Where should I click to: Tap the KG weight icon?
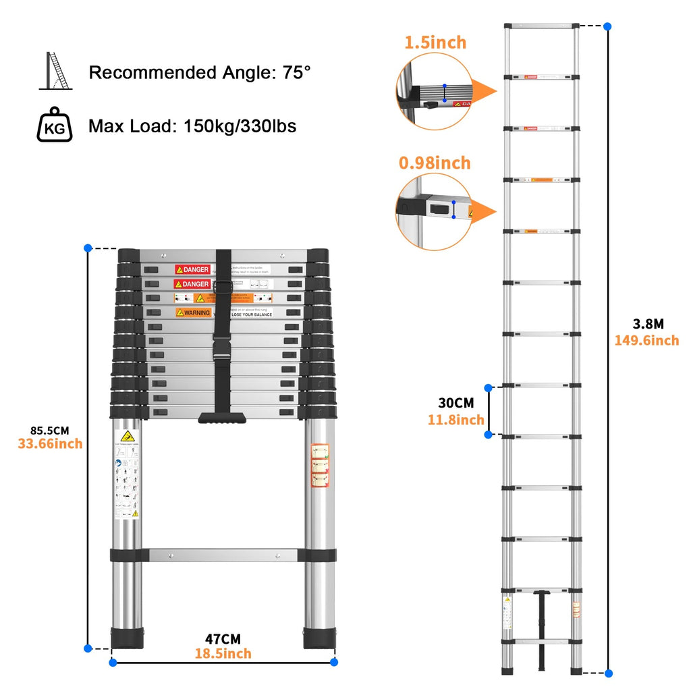click(54, 126)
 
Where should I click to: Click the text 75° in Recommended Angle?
click(297, 73)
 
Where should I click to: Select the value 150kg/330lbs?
click(240, 126)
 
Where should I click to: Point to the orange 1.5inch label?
click(435, 43)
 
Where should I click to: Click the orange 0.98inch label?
click(435, 163)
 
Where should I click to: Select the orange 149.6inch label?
click(646, 341)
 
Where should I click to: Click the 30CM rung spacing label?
click(456, 403)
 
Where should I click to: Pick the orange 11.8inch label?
click(456, 420)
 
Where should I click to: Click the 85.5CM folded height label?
click(50, 429)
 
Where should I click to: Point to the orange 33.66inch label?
click(50, 444)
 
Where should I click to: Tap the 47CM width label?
click(223, 639)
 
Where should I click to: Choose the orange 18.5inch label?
click(223, 654)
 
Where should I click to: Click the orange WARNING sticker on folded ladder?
click(193, 312)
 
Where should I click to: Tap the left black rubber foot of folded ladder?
click(127, 638)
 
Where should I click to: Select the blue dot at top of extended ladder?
click(608, 26)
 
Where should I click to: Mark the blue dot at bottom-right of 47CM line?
click(334, 662)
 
